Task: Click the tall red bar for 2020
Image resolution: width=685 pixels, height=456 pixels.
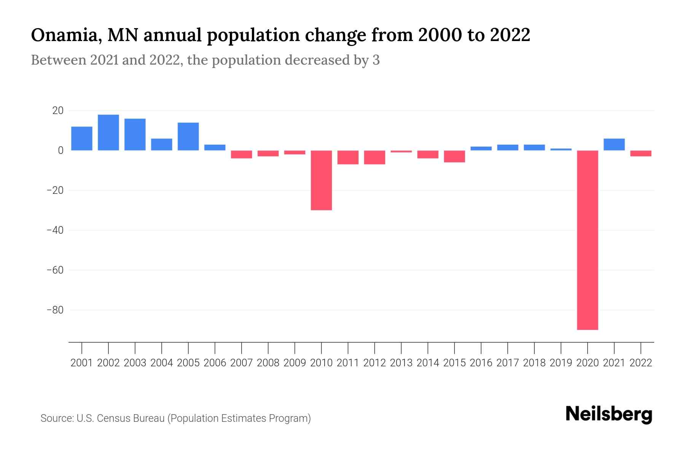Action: tap(588, 239)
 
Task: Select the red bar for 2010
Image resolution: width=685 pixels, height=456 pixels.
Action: tap(321, 180)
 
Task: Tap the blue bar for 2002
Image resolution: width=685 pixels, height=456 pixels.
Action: tap(108, 132)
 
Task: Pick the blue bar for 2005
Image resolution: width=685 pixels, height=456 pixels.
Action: tap(188, 136)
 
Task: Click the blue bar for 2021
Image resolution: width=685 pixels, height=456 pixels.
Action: tap(614, 144)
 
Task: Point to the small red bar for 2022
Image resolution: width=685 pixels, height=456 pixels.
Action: tap(641, 154)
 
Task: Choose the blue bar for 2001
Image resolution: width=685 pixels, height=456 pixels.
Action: tap(82, 138)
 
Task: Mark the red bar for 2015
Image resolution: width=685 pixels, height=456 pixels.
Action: tap(454, 157)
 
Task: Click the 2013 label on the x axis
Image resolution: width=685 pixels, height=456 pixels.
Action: tap(401, 363)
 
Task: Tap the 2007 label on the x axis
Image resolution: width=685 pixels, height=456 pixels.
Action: tap(241, 363)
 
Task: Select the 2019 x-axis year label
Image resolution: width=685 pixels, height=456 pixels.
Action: tap(561, 363)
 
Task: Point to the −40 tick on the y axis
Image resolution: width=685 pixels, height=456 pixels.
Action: tap(55, 230)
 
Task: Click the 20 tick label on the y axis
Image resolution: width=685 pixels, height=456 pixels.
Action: tap(58, 111)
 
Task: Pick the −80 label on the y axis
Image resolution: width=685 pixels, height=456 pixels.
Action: tap(55, 310)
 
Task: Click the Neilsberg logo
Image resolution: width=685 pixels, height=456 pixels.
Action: tap(609, 414)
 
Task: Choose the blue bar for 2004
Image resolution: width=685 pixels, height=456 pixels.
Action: tap(162, 144)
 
